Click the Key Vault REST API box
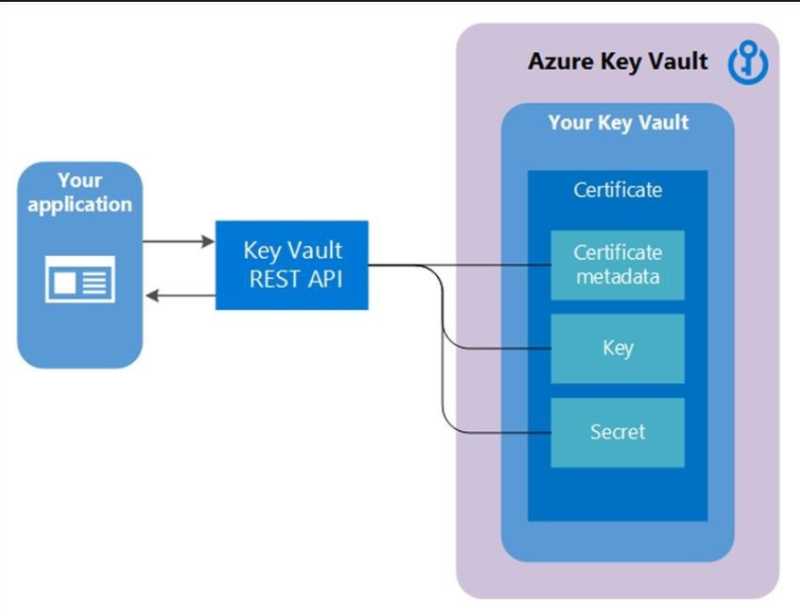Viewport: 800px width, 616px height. (292, 264)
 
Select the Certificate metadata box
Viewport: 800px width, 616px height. (618, 264)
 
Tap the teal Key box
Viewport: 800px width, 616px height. (618, 348)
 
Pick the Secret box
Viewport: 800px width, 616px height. (618, 432)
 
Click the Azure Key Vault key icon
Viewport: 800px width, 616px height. (748, 64)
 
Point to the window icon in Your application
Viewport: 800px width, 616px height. (80, 279)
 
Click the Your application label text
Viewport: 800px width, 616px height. (80, 192)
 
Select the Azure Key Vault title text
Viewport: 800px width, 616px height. (618, 62)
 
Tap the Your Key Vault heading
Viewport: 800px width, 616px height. (618, 123)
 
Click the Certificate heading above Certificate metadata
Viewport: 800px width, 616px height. (618, 190)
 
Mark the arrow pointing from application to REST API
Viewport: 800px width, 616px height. (179, 242)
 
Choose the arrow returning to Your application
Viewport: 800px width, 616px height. (179, 294)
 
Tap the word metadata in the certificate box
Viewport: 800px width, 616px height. (618, 276)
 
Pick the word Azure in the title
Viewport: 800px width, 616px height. (557, 62)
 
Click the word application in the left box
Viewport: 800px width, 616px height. (80, 204)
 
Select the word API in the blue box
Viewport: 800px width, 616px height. (323, 278)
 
